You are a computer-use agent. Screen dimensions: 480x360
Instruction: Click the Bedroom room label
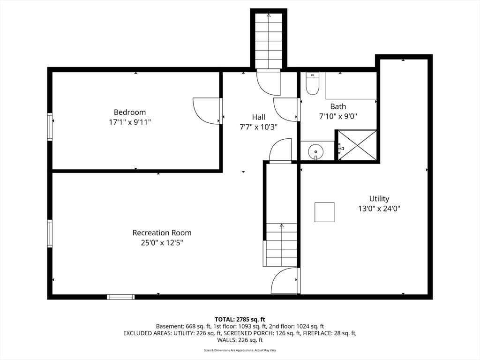(130, 112)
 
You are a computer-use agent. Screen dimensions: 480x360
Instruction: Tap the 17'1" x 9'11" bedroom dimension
(130, 122)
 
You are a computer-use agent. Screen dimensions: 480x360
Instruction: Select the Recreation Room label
(162, 232)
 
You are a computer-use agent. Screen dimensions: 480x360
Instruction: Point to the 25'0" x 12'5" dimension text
(162, 243)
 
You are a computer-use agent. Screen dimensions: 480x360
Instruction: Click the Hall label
(259, 117)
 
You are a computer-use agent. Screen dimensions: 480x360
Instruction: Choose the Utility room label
(379, 199)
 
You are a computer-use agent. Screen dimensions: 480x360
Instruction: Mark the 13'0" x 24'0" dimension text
(379, 209)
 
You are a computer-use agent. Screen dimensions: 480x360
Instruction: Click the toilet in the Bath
(313, 83)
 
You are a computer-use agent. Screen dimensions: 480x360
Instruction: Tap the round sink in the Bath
(315, 151)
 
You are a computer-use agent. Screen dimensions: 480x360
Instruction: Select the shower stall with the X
(357, 145)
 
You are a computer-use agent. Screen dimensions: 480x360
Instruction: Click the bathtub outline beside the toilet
(351, 85)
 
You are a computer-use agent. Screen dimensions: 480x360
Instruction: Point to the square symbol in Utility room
(324, 212)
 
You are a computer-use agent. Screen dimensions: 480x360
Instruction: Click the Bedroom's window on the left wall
(50, 127)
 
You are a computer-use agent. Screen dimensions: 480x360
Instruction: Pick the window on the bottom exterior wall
(120, 297)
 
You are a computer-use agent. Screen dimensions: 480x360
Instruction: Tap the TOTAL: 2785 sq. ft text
(240, 320)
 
